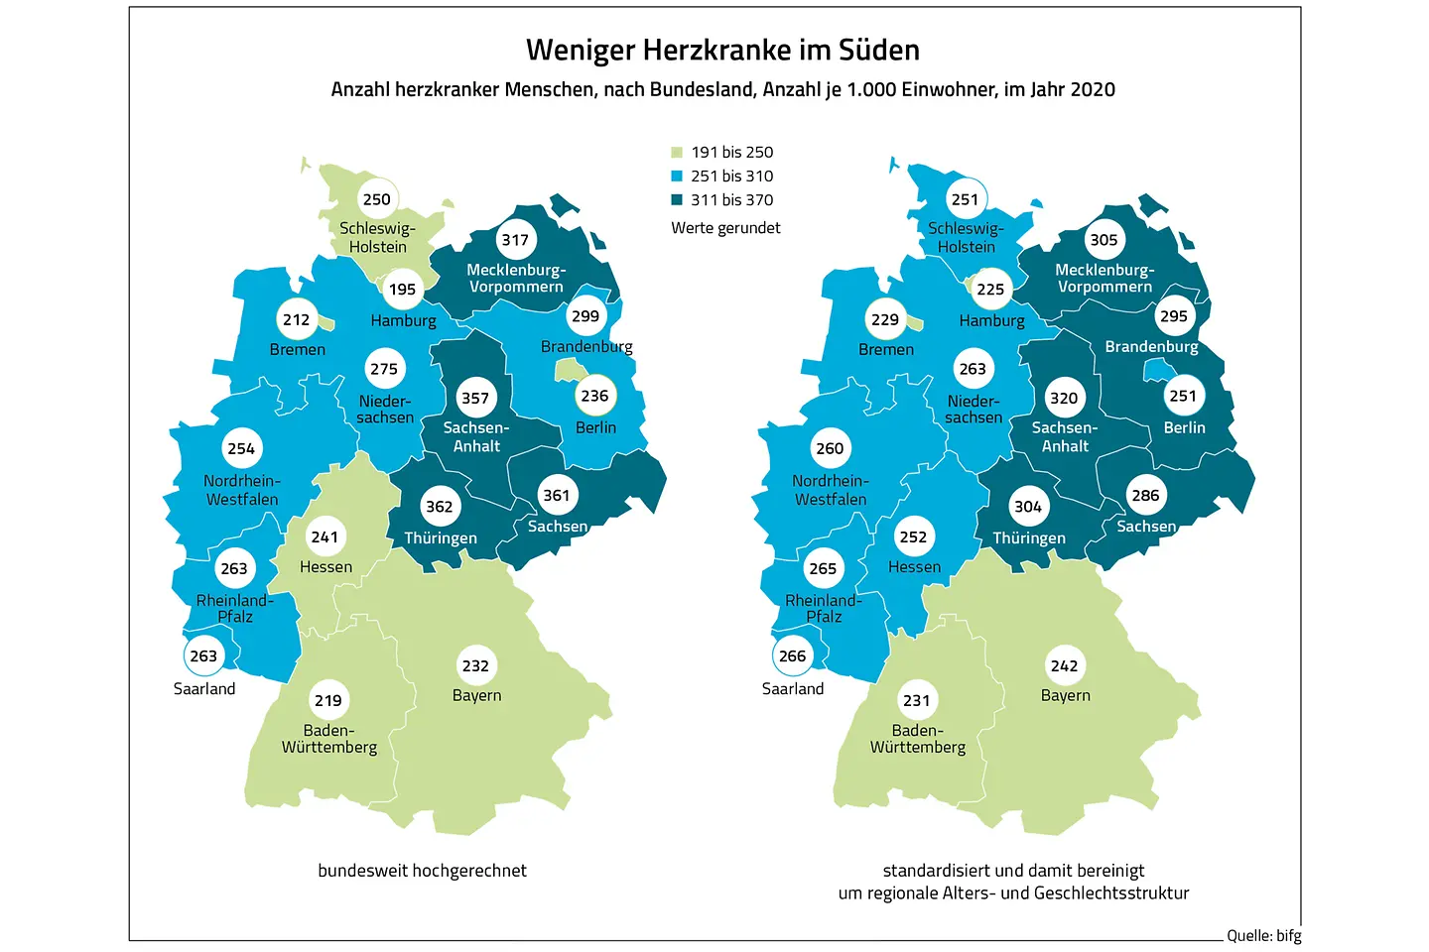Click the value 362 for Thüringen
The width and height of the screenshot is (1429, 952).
[440, 506]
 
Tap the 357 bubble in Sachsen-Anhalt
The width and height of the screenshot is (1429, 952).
[475, 398]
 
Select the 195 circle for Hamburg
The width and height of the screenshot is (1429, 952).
[402, 290]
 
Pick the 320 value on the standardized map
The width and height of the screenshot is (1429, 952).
[1064, 398]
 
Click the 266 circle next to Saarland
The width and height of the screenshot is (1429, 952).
[792, 655]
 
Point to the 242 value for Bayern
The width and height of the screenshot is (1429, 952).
[1064, 665]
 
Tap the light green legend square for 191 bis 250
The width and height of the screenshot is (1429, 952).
[677, 153]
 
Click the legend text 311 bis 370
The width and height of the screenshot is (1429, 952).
[731, 199]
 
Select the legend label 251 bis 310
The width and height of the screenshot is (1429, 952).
[731, 176]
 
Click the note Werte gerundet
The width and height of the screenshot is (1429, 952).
[725, 228]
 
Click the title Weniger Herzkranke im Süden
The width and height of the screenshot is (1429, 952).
[722, 50]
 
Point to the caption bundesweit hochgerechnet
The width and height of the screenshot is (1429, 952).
[422, 871]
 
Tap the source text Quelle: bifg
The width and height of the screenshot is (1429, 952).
[1263, 935]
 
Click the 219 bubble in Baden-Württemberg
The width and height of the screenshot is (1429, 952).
[328, 700]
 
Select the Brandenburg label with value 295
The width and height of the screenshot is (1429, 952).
[1151, 347]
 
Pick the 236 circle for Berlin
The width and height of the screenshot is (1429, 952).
[594, 396]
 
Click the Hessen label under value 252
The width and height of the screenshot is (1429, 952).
[914, 567]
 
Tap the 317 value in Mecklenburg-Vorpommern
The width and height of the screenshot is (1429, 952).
[515, 239]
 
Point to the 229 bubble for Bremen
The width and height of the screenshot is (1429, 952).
[884, 319]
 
